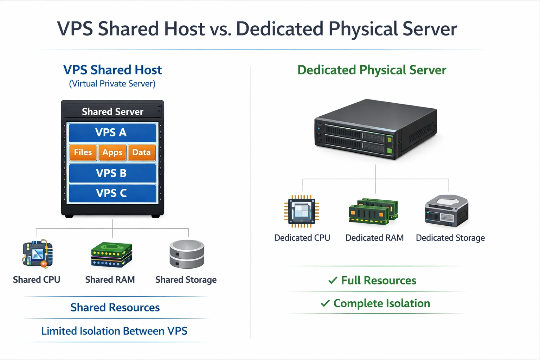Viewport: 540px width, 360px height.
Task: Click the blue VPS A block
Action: click(112, 133)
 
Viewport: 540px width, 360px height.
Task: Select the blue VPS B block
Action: click(112, 173)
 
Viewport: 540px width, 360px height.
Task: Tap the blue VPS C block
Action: click(112, 193)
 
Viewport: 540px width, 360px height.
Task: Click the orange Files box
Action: click(83, 153)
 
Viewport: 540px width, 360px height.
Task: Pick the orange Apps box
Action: click(112, 153)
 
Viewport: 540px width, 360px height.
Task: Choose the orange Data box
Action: click(142, 153)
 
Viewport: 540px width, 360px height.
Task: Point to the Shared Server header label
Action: click(112, 112)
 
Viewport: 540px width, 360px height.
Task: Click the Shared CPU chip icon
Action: click(38, 254)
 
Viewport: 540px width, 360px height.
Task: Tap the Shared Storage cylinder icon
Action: click(187, 254)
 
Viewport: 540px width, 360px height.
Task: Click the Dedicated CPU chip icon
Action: click(302, 211)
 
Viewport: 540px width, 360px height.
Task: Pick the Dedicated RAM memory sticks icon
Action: click(373, 211)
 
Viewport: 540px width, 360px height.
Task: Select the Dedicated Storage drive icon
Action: click(446, 211)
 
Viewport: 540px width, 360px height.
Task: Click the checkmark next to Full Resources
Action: click(333, 281)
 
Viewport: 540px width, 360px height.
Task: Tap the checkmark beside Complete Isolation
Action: click(325, 303)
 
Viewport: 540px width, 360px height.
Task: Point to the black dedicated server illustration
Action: click(375, 129)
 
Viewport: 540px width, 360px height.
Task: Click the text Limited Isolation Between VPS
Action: click(114, 331)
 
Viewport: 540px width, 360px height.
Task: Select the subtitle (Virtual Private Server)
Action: click(112, 84)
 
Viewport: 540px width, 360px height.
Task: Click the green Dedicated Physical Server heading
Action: click(372, 70)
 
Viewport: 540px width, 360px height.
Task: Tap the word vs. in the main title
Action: click(220, 29)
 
